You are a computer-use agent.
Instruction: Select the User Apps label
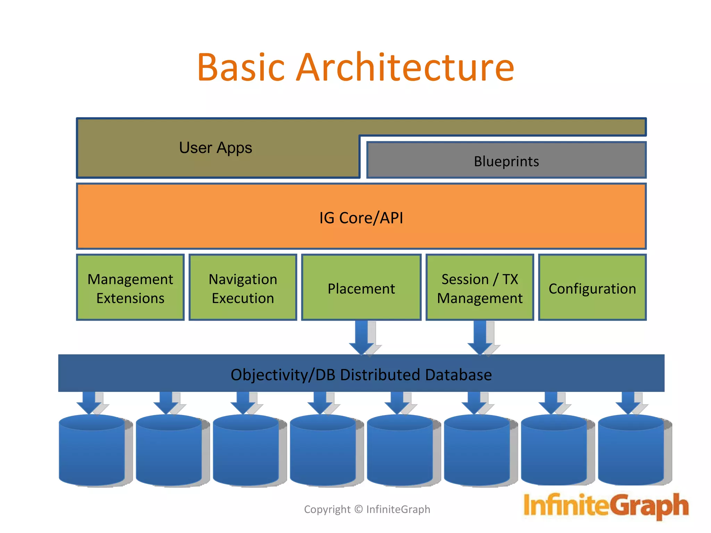pyautogui.click(x=216, y=148)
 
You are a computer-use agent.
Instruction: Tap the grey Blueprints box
pyautogui.click(x=506, y=161)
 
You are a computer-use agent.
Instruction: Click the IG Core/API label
pyautogui.click(x=361, y=218)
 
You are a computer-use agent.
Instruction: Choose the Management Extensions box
pyautogui.click(x=130, y=288)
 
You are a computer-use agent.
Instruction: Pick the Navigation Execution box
pyautogui.click(x=243, y=288)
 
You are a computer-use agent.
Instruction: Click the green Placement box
pyautogui.click(x=361, y=288)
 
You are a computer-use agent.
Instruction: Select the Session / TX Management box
pyautogui.click(x=479, y=288)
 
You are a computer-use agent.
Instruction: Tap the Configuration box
pyautogui.click(x=592, y=288)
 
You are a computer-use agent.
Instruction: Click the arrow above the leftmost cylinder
pyautogui.click(x=89, y=403)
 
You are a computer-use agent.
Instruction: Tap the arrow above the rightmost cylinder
pyautogui.click(x=628, y=403)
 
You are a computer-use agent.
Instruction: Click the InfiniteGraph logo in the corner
pyautogui.click(x=606, y=506)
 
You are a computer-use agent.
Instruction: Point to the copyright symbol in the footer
pyautogui.click(x=359, y=509)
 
